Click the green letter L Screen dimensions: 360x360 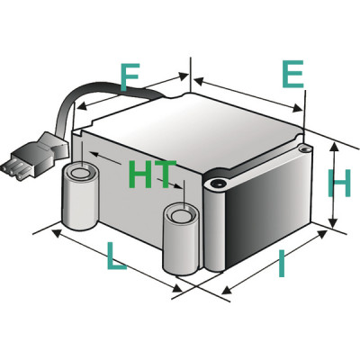click(116, 259)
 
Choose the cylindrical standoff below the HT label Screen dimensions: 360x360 click(180, 238)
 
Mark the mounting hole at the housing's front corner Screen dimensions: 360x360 click(217, 184)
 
